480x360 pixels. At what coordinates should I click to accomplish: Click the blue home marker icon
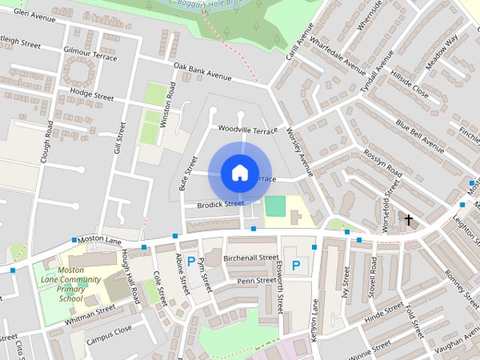[x=238, y=173]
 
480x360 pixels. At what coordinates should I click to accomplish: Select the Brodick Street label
[x=220, y=204]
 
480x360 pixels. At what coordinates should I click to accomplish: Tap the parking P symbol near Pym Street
[x=191, y=262]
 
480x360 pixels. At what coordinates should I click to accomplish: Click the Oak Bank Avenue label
[x=202, y=71]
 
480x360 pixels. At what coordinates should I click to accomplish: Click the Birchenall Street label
[x=251, y=257]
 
